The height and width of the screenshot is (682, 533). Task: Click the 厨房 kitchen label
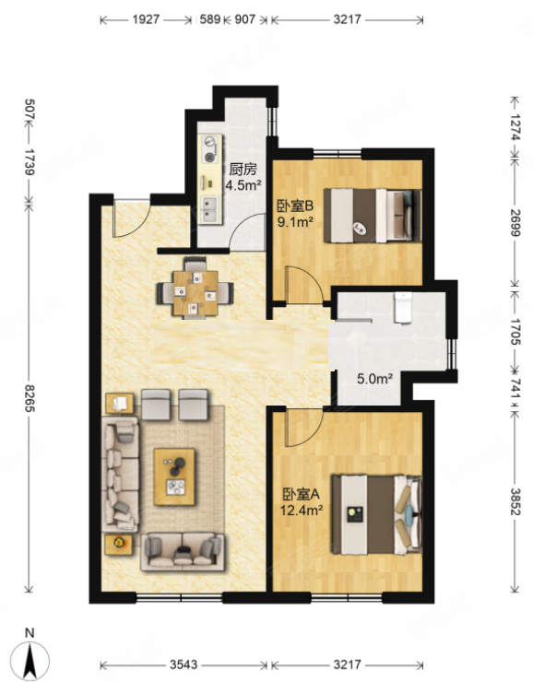point(243,169)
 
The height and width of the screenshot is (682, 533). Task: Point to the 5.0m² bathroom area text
point(375,379)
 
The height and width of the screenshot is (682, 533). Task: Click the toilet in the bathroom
point(403,308)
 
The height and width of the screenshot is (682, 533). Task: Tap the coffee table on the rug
point(174,476)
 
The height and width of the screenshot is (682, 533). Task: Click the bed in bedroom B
point(373,216)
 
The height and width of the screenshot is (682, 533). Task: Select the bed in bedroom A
point(377,514)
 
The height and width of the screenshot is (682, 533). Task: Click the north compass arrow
point(30,660)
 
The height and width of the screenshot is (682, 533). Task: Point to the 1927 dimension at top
point(146,19)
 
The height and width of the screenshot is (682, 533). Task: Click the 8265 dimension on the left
point(30,398)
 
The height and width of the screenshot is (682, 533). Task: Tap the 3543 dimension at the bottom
point(184,665)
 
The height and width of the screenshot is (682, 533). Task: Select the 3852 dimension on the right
point(515,501)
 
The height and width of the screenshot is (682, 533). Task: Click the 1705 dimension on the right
point(515,332)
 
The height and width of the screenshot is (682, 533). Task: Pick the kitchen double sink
point(210,209)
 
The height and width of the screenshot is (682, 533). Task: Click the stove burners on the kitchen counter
point(210,148)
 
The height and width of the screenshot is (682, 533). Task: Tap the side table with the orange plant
point(118,544)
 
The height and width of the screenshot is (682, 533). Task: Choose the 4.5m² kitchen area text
point(243,186)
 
